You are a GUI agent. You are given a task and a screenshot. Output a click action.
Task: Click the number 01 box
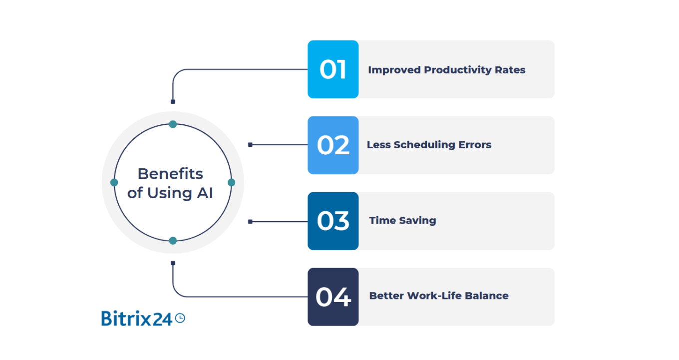coord(333,69)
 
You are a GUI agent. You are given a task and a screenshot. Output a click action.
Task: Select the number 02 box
coord(333,145)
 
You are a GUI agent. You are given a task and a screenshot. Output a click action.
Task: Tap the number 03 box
coord(333,221)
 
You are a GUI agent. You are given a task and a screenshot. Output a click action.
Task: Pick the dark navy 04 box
coord(333,297)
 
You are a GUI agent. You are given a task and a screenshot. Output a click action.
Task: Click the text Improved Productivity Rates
coord(446,70)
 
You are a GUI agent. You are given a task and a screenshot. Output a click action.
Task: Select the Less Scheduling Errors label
coord(429,145)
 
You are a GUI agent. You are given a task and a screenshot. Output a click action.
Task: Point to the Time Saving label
coord(402,220)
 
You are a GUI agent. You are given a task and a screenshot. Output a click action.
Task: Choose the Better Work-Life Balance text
coord(438,296)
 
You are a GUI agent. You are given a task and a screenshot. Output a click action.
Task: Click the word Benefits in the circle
coord(170,174)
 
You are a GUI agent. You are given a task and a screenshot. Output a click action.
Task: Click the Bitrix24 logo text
coord(136,318)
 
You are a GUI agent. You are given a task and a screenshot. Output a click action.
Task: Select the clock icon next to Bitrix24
coord(180,318)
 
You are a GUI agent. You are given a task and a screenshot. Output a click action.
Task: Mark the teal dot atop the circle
coord(173,124)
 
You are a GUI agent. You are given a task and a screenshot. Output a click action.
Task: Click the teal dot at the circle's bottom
coord(173,241)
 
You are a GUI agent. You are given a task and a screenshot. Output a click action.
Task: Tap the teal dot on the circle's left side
coord(114,183)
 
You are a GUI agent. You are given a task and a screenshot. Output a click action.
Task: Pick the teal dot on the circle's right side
coord(231,183)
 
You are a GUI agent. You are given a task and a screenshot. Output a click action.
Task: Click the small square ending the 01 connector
coord(173,102)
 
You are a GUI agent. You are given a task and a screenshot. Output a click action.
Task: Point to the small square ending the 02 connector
coord(250,145)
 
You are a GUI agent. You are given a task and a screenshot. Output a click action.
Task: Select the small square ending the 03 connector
coord(250,222)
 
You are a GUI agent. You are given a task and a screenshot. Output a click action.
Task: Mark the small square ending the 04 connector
coord(173,263)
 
